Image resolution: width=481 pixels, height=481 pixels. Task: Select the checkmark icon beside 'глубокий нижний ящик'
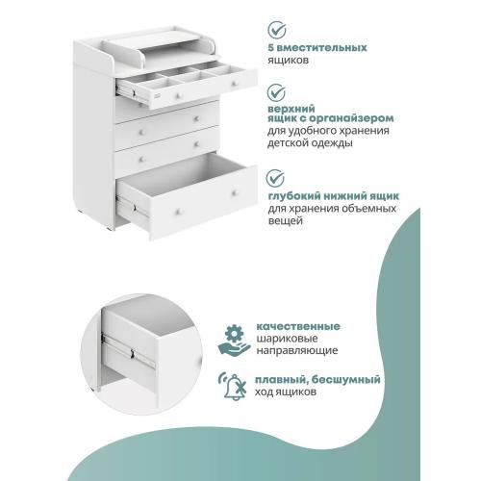[277, 180]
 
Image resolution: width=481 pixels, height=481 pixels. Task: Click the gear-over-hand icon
[233, 335]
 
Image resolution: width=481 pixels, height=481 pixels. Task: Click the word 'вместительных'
[334, 46]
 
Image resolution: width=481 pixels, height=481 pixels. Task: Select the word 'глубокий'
[294, 195]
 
